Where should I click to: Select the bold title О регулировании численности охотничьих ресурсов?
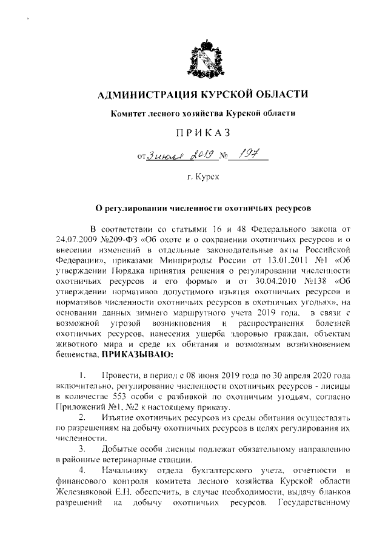pyautogui.click(x=199, y=208)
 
